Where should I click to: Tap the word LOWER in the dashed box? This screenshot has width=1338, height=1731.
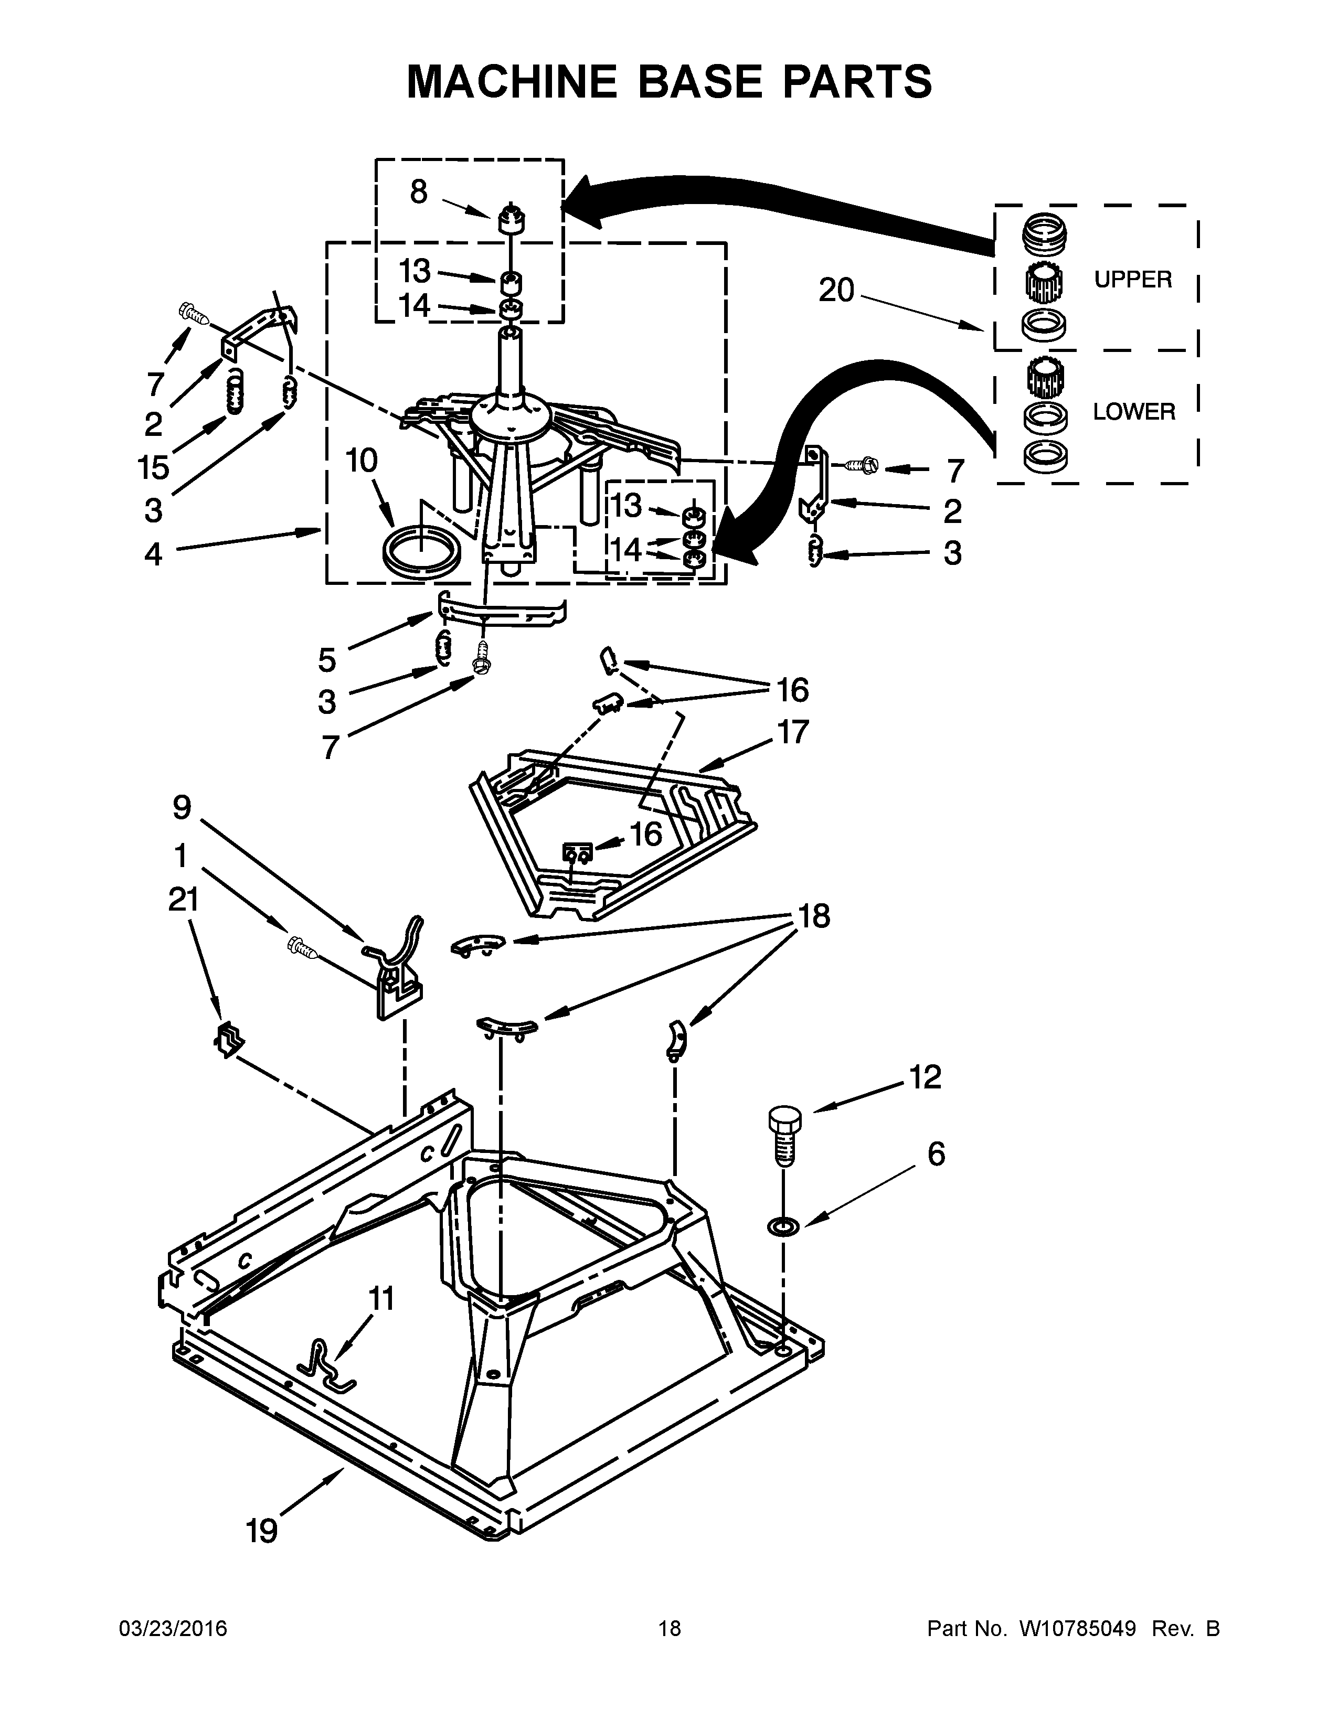(1133, 411)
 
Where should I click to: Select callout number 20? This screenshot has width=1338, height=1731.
(836, 291)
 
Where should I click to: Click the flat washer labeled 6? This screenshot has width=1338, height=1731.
(783, 1227)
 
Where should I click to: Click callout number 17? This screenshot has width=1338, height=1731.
(793, 732)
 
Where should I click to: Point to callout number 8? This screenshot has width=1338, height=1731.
(419, 192)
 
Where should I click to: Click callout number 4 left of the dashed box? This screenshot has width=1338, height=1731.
(153, 553)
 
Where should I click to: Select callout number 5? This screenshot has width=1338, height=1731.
(327, 659)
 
